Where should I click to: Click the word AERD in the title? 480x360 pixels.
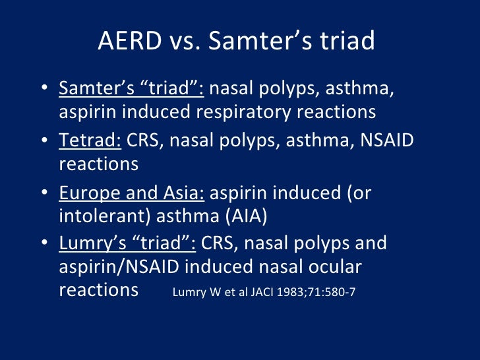click(129, 41)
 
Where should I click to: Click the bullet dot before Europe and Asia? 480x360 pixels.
click(44, 193)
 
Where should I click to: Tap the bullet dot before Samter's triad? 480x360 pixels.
click(44, 90)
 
